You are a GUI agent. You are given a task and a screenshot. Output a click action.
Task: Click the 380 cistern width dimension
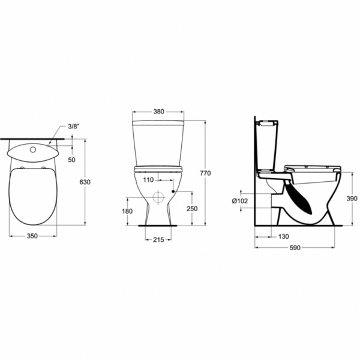click(x=158, y=112)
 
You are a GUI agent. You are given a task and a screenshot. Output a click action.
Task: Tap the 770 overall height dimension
click(x=205, y=173)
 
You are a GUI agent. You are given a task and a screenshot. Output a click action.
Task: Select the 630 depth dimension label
click(x=85, y=182)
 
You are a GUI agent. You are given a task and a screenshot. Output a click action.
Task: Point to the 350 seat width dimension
click(x=32, y=236)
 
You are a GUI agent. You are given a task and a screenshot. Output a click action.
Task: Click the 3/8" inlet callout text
click(x=73, y=127)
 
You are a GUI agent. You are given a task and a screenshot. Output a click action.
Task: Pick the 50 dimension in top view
click(x=71, y=160)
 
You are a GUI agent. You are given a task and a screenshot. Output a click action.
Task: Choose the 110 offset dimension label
click(x=148, y=180)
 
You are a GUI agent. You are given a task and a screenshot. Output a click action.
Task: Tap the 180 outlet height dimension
click(x=127, y=211)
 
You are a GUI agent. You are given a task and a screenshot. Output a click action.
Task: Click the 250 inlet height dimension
click(x=192, y=208)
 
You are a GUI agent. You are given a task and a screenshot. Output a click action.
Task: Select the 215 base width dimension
click(x=158, y=239)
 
